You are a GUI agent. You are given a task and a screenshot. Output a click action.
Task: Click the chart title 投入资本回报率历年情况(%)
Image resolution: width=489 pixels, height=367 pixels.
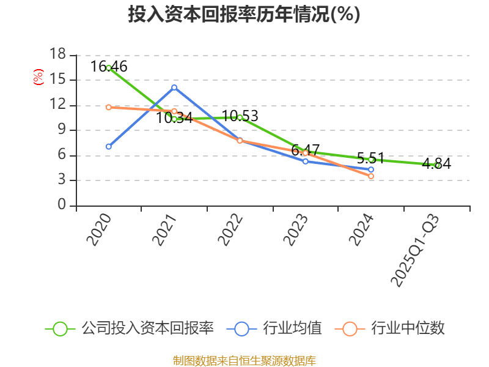[244, 15]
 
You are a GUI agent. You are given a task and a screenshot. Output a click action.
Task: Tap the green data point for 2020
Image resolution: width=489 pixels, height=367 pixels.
[109, 68]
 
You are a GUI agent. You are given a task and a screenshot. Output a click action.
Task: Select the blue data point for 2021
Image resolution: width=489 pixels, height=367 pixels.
[174, 87]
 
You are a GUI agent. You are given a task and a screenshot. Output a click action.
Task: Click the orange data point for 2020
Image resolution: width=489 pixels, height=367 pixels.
[109, 107]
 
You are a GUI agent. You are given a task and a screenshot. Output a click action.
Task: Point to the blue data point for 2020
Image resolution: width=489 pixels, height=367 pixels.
[109, 147]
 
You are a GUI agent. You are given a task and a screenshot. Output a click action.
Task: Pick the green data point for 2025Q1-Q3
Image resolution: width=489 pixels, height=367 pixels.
[437, 165]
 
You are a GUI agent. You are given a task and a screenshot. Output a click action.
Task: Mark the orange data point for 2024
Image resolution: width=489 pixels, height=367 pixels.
[371, 176]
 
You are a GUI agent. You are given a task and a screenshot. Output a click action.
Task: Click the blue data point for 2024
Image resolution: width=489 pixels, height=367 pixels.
[371, 169]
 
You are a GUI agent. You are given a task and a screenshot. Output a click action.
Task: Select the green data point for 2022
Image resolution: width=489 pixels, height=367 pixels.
[240, 117]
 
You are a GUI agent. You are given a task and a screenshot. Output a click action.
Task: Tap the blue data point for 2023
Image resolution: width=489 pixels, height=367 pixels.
[306, 161]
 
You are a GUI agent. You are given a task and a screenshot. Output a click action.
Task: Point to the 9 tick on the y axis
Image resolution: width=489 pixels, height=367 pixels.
[61, 130]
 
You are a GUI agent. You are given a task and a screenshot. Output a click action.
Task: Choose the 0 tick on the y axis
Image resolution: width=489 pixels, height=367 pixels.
[61, 206]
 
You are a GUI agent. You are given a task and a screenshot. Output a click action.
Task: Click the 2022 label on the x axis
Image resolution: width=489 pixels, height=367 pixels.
[230, 230]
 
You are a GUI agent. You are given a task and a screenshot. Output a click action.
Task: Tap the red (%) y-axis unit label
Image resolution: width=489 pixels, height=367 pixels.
[39, 78]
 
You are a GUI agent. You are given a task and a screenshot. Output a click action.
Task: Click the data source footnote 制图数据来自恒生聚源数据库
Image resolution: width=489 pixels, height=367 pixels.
[244, 360]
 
